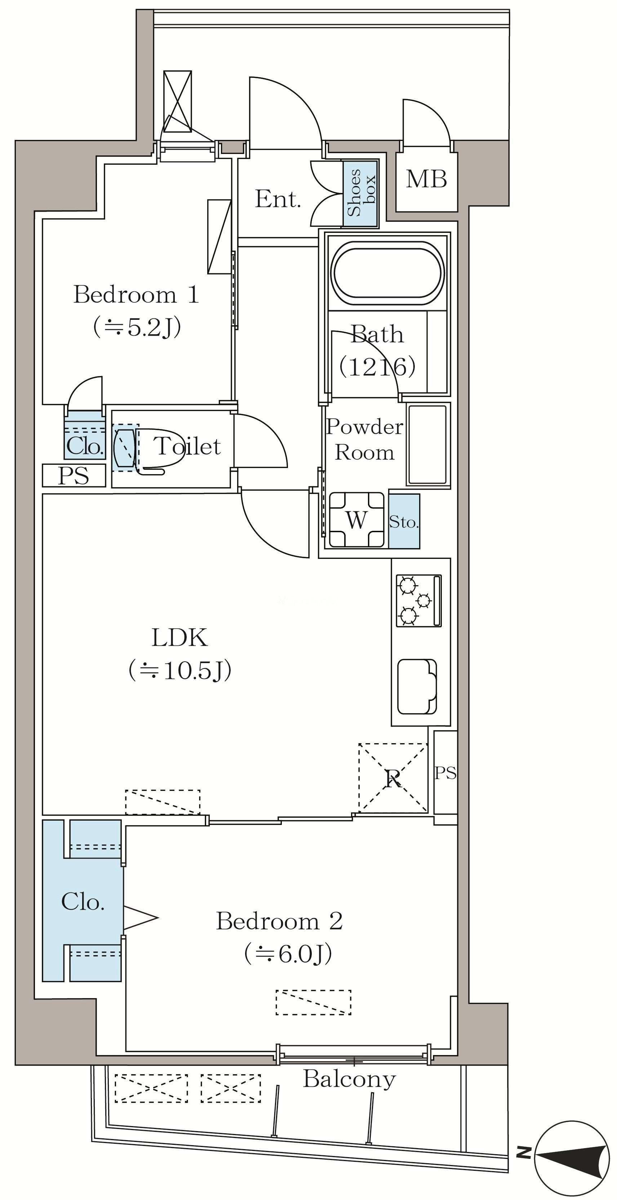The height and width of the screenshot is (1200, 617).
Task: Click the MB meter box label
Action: (426, 179)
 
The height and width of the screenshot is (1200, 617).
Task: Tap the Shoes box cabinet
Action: (360, 193)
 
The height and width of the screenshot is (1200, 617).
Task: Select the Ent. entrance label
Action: (278, 199)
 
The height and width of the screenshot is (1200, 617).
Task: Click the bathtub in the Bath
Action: (387, 273)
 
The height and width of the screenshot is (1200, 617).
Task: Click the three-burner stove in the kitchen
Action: (418, 600)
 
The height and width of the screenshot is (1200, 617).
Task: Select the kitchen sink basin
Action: (417, 687)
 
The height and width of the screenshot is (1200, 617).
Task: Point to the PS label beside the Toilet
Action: (74, 476)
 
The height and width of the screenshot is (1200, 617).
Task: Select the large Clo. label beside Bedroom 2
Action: (83, 902)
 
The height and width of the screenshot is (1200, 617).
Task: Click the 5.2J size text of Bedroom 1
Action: (137, 327)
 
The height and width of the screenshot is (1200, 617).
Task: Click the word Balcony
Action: (349, 1079)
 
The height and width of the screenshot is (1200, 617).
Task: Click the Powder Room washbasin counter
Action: (427, 444)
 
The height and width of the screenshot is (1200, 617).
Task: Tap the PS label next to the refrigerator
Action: (445, 773)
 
